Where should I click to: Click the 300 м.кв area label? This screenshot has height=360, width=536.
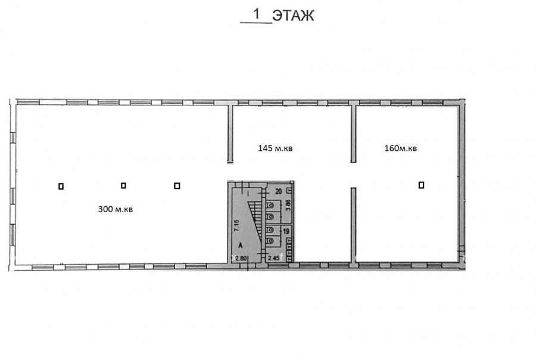115,209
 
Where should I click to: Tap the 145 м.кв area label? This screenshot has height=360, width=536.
275,148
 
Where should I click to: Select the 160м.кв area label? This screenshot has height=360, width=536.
401,148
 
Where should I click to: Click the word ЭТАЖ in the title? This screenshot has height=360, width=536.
293,15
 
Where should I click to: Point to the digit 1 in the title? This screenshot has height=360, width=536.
256,14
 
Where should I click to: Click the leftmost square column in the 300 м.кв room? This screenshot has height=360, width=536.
61,186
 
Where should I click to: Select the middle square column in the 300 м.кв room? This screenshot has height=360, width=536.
123,185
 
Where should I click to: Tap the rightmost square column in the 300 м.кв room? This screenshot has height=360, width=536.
177,185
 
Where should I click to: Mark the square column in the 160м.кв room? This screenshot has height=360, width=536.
421,185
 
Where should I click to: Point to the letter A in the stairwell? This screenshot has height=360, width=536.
241,246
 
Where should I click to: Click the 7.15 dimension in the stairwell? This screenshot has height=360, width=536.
237,225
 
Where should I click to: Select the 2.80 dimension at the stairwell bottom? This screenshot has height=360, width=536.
241,258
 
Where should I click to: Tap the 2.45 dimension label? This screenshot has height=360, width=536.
273,258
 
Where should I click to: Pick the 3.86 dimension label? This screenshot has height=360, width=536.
288,205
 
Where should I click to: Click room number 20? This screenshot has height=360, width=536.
279,191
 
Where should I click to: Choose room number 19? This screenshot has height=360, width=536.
286,232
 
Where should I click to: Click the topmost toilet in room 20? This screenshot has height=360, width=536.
270,205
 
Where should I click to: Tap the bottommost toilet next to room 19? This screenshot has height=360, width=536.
270,241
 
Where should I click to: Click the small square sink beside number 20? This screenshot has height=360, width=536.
289,190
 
